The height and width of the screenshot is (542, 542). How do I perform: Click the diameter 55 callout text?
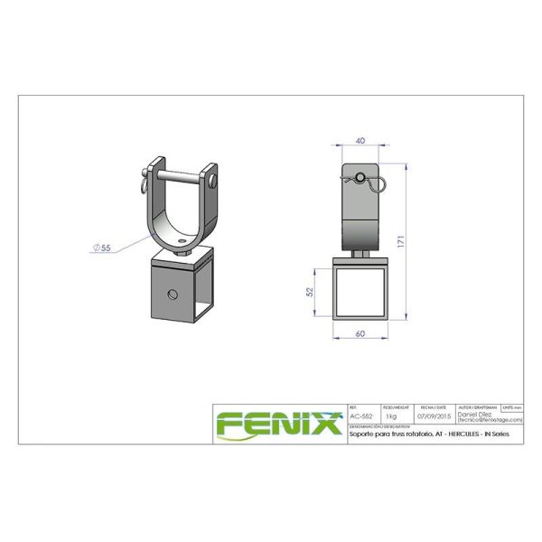click(101, 245)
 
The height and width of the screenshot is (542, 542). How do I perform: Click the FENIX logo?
click(278, 423)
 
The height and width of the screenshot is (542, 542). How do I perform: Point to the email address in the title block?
click(491, 420)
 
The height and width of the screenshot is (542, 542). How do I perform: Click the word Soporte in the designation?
click(362, 435)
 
